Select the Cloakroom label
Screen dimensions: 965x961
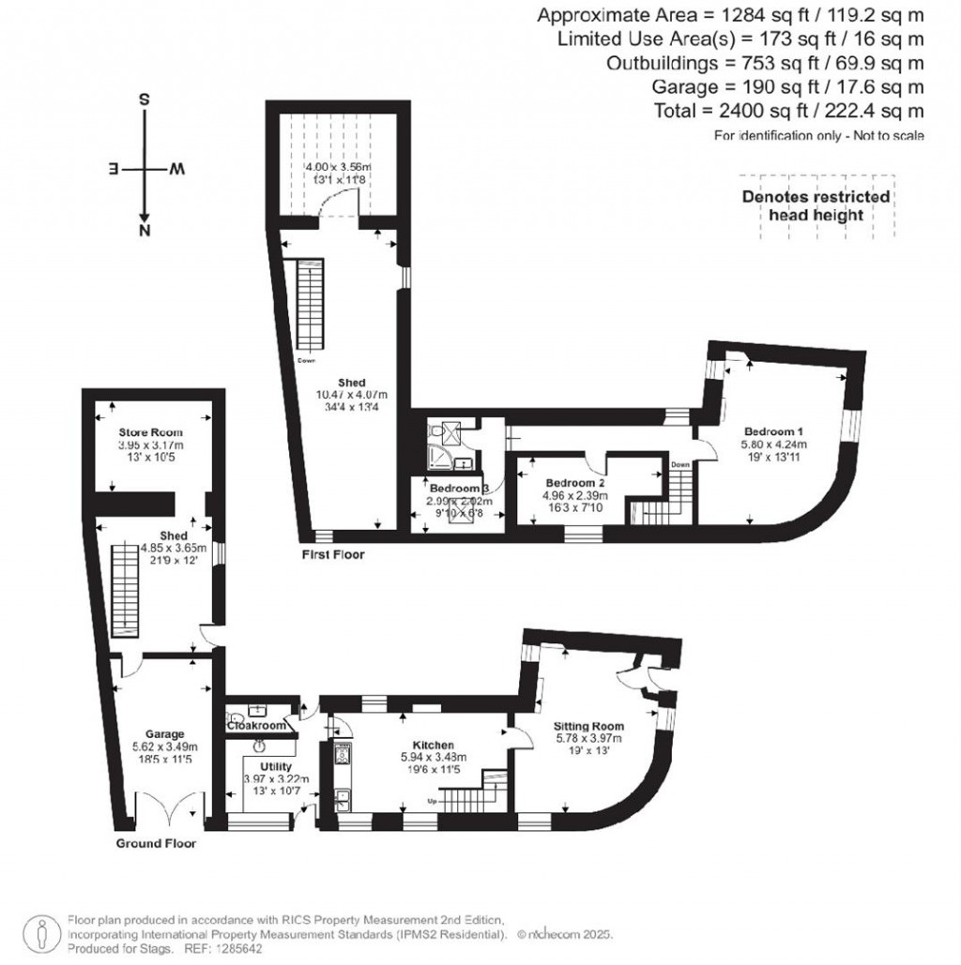(x=256, y=725)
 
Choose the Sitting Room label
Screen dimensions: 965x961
(x=588, y=726)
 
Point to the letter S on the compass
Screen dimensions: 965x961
(x=144, y=99)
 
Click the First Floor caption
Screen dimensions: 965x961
(x=332, y=555)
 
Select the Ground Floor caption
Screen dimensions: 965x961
(x=156, y=843)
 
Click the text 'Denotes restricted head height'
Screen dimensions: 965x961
(x=816, y=205)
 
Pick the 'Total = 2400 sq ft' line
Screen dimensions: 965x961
(x=788, y=112)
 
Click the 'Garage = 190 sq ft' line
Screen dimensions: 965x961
(x=788, y=87)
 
